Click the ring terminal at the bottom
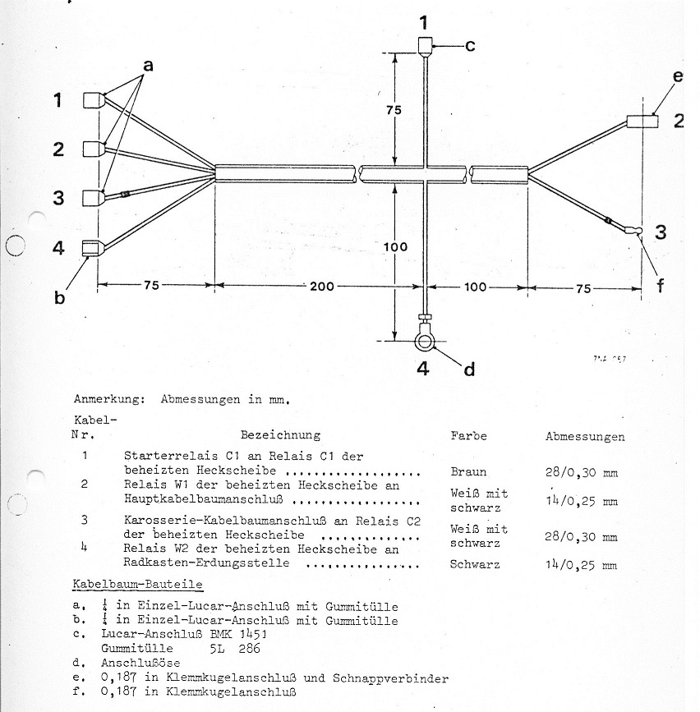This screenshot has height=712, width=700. [426, 338]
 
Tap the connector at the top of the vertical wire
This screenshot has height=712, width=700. [425, 45]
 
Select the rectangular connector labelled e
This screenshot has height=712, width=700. [643, 122]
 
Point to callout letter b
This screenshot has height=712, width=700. [59, 297]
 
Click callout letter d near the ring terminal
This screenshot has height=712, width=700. [469, 370]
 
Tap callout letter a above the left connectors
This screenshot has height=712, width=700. [149, 63]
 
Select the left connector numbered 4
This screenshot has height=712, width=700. [93, 247]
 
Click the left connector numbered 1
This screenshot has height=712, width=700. [93, 100]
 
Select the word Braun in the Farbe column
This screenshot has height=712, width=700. [468, 472]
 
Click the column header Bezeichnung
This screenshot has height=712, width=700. [280, 434]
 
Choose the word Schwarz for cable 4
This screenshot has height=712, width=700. [473, 564]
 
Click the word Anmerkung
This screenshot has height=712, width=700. [104, 400]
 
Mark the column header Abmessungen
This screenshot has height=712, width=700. [584, 437]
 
